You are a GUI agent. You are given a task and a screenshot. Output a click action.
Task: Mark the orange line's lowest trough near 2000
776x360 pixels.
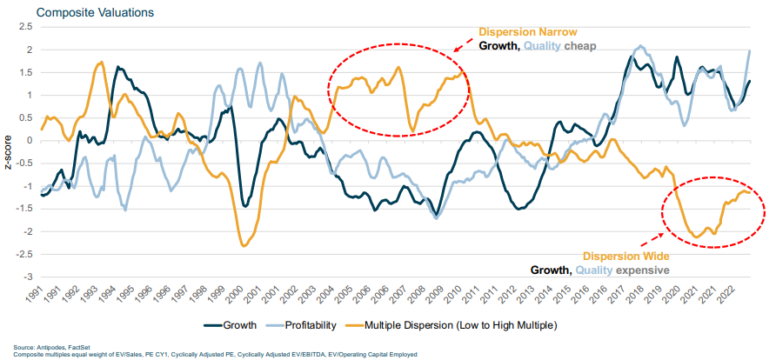(x=244, y=246)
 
